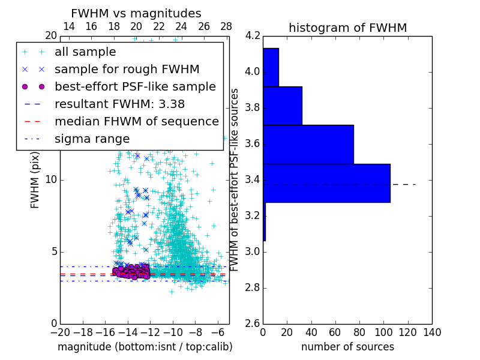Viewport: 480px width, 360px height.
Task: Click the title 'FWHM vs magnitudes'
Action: pyautogui.click(x=136, y=14)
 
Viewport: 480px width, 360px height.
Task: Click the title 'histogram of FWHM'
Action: pyautogui.click(x=347, y=28)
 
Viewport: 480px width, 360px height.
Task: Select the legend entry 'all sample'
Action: pyautogui.click(x=86, y=52)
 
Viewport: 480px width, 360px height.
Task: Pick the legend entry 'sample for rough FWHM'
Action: pyautogui.click(x=127, y=69)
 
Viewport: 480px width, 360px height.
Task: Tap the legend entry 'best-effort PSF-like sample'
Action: pyautogui.click(x=135, y=86)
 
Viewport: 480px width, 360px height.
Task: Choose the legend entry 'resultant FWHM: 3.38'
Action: pyautogui.click(x=119, y=104)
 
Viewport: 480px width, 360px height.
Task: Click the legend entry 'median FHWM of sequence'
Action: pyautogui.click(x=136, y=121)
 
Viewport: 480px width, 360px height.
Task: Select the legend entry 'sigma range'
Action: pyautogui.click(x=92, y=139)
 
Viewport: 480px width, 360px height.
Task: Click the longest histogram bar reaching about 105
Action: pyautogui.click(x=326, y=183)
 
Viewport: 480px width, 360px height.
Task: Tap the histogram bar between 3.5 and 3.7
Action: pyautogui.click(x=308, y=144)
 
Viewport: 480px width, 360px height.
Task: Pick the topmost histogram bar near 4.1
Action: pyautogui.click(x=271, y=67)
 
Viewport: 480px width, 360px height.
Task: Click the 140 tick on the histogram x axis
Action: pyautogui.click(x=432, y=332)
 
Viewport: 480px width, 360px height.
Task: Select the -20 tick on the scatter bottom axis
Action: pyautogui.click(x=60, y=332)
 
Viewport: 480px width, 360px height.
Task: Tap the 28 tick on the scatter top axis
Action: pyautogui.click(x=226, y=26)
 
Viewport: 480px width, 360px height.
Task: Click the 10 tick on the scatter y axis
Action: pyautogui.click(x=50, y=180)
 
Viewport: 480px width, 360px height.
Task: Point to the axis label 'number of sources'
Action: pyautogui.click(x=347, y=347)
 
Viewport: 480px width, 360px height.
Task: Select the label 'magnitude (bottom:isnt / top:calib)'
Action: pyautogui.click(x=145, y=347)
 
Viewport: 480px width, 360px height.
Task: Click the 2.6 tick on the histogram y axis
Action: pyautogui.click(x=253, y=324)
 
